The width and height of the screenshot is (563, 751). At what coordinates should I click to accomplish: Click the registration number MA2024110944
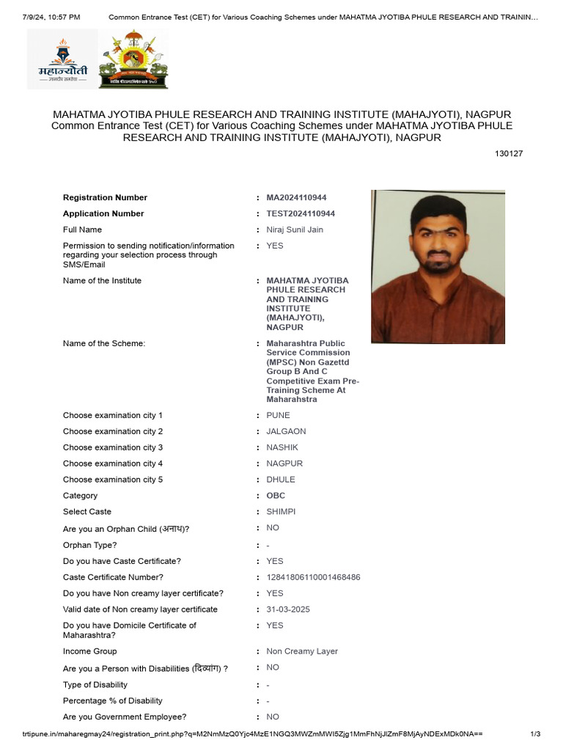pos(296,198)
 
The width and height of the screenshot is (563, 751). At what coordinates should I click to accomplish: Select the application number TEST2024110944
pos(301,214)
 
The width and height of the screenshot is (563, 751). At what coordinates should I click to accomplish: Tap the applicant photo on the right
pos(438,267)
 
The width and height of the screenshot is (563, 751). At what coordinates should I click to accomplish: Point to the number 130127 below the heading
pos(509,154)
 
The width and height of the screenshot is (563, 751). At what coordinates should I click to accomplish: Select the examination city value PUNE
pos(278,416)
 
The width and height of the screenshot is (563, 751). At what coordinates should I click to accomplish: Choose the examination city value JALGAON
pos(286,432)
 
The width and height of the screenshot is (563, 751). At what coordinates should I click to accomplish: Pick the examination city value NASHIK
pos(282,448)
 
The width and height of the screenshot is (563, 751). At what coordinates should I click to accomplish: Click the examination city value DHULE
pos(281,480)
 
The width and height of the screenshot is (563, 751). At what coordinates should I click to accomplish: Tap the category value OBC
pos(276,496)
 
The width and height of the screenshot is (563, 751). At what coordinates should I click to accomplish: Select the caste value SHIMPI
pos(281,512)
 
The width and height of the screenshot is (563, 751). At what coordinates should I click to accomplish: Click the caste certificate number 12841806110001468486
pos(313,578)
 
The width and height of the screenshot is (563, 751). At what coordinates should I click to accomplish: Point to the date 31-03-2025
pos(289,609)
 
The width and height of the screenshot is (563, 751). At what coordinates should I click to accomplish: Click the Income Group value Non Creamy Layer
pos(302,651)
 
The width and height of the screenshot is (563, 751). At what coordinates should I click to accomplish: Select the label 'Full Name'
pos(82,230)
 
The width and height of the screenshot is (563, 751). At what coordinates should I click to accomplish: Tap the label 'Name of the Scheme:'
pos(104,344)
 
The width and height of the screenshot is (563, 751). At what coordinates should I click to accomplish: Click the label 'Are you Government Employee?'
pos(125,717)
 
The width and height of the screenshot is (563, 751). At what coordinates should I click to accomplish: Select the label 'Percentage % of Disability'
pos(113,701)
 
